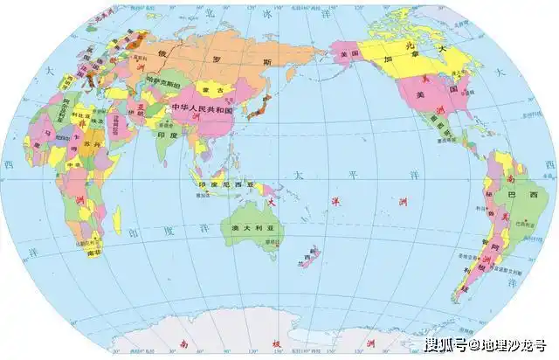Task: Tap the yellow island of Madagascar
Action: click(x=117, y=220)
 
